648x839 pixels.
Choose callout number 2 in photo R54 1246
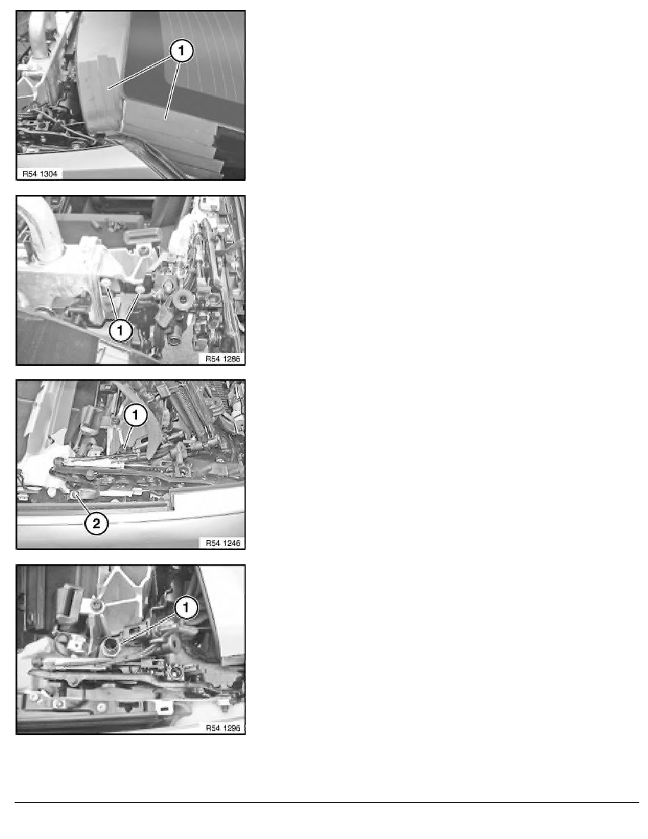97,524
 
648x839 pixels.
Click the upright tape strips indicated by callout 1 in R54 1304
99,92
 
